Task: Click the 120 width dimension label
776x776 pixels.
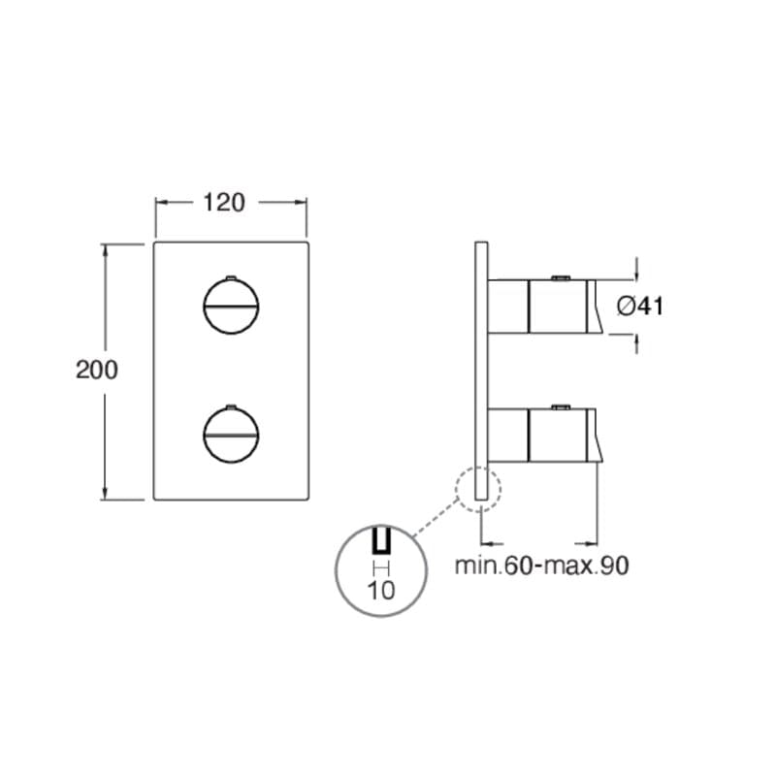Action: (224, 203)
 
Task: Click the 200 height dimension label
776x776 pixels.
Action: (97, 370)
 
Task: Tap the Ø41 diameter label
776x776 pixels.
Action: (640, 306)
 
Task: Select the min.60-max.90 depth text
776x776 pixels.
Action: (542, 566)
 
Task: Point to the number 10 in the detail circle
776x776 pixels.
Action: (381, 590)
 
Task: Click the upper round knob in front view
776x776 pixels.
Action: (231, 307)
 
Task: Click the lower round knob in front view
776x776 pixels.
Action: (231, 435)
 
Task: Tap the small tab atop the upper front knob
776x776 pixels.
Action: (231, 277)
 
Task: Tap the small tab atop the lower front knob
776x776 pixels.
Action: (231, 406)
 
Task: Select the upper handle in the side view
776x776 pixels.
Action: (544, 307)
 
